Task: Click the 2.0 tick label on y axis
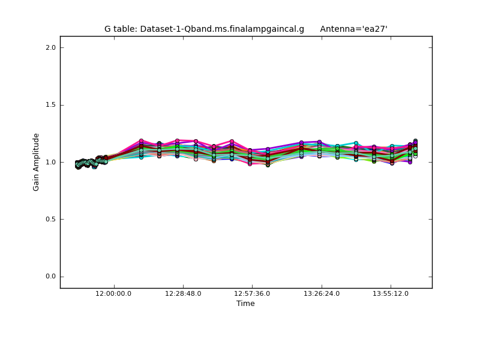[50, 47]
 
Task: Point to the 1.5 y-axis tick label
[50, 105]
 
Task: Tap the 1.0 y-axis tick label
[50, 162]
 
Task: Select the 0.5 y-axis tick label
[50, 220]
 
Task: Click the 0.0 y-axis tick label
[50, 277]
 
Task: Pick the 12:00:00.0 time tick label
[114, 293]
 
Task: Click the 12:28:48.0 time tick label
[183, 293]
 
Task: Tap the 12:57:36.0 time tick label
[252, 293]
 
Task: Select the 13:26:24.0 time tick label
[322, 293]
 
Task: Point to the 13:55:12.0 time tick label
[391, 293]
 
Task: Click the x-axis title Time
[245, 304]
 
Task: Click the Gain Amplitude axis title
[37, 162]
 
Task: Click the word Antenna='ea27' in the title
[353, 29]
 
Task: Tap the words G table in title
[120, 29]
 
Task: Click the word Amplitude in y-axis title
[37, 152]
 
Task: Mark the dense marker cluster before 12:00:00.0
[90, 162]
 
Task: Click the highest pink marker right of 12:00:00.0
[141, 141]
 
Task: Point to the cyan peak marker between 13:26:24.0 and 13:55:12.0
[356, 143]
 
